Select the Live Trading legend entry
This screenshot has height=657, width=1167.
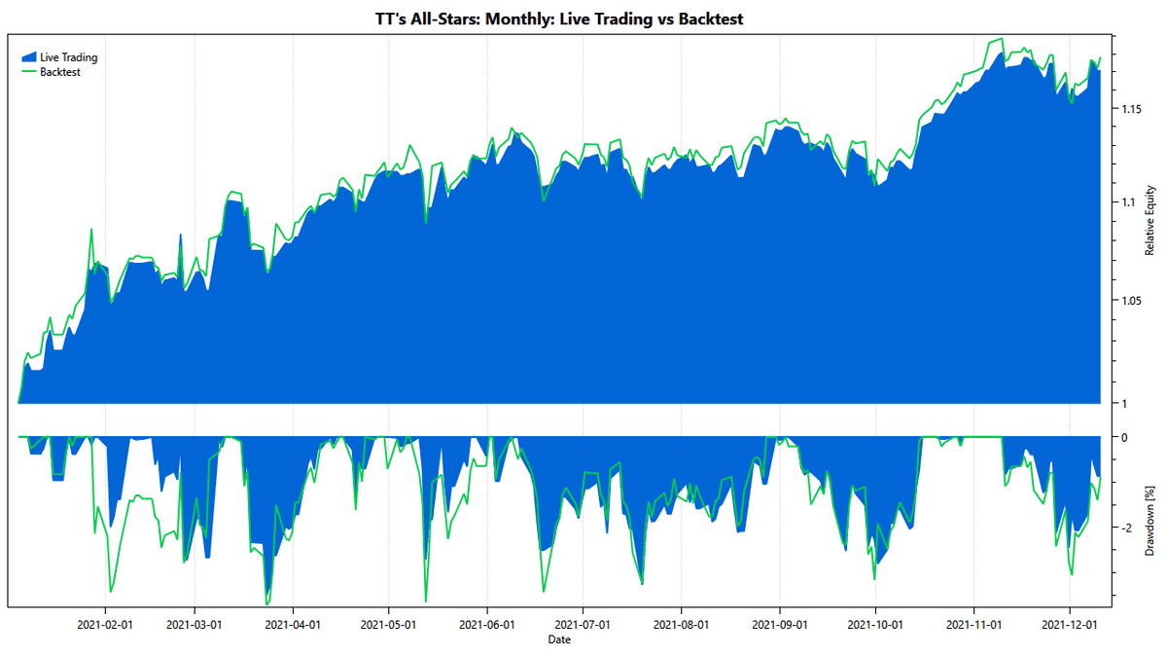[x=68, y=57]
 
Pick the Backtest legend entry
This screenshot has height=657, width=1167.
[x=60, y=72]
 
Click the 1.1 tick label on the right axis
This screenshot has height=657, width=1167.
[x=1126, y=202]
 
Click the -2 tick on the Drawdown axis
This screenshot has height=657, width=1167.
[x=1125, y=529]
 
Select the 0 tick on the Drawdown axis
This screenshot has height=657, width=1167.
[x=1124, y=438]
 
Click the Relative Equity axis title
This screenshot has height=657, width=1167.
[x=1149, y=220]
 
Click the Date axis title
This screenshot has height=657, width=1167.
[x=559, y=639]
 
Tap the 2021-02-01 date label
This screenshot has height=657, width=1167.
[x=104, y=624]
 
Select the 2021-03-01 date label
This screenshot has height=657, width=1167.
[x=194, y=624]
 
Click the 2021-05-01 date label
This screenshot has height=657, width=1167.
[x=389, y=624]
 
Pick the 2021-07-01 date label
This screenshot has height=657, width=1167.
[x=583, y=624]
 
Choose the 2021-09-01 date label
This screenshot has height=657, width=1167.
[x=780, y=624]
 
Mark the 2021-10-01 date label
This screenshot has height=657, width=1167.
[x=875, y=624]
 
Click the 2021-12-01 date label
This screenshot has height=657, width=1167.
[x=1070, y=624]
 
